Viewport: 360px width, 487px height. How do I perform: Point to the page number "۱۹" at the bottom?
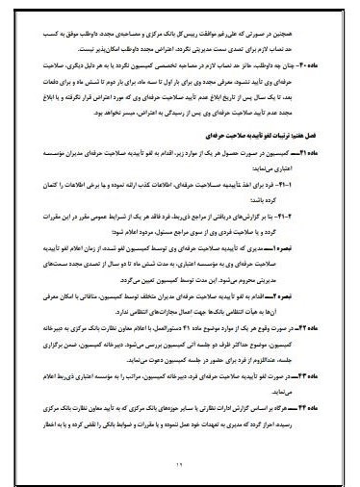coord(180,466)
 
